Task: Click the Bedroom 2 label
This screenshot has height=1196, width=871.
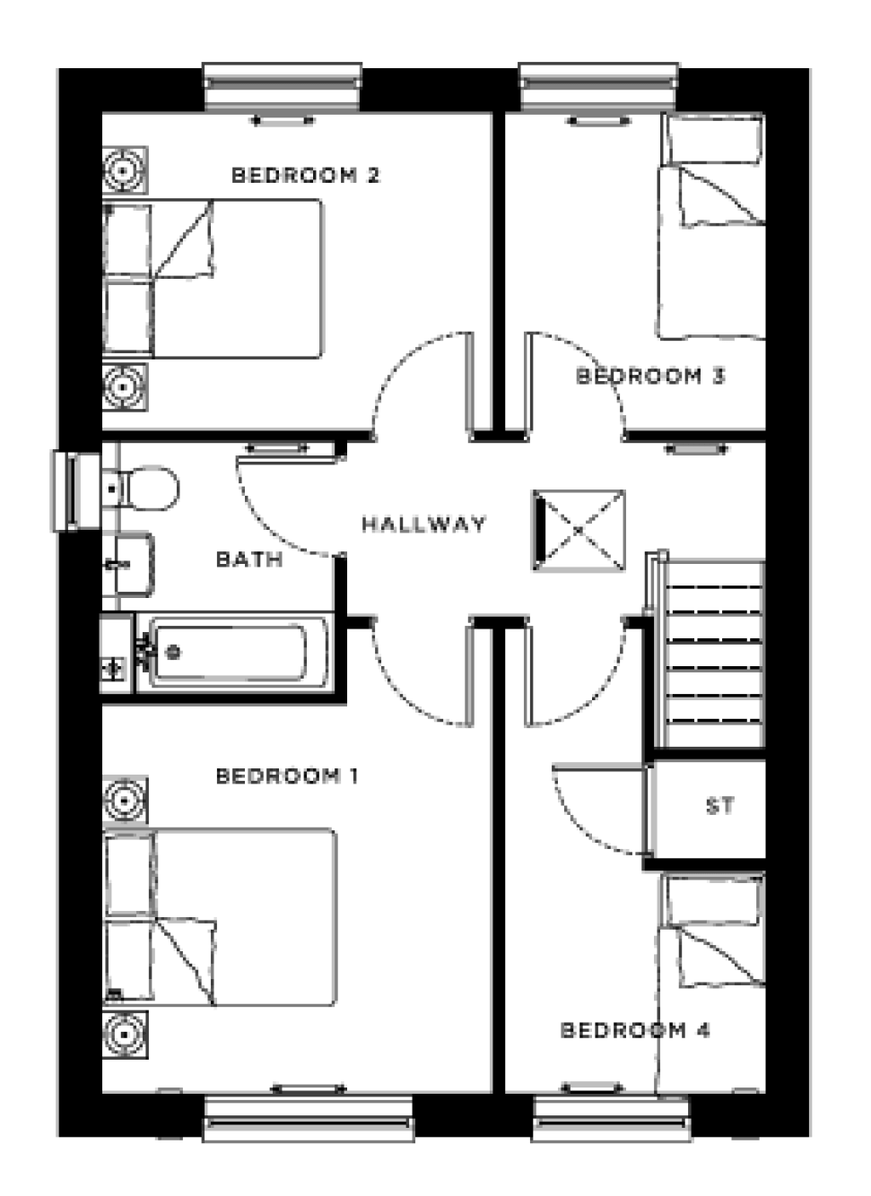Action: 305,175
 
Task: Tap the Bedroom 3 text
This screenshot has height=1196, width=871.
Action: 649,376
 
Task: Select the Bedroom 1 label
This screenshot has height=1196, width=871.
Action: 287,776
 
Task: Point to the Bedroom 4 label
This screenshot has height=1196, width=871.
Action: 635,1030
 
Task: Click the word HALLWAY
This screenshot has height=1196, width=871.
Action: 423,524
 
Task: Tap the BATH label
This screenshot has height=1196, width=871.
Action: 249,559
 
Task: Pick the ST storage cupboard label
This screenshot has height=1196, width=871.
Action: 719,806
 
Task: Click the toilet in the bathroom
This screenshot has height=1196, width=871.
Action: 144,489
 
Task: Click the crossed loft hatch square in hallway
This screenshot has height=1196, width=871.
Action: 579,530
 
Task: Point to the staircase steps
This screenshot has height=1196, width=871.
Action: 713,654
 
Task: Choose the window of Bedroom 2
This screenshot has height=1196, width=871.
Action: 283,86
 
